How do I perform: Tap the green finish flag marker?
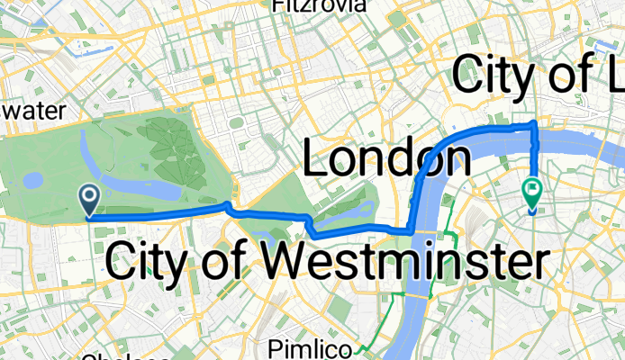tap(532, 193)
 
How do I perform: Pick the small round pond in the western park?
tap(32, 181)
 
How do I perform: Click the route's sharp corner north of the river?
tap(536, 123)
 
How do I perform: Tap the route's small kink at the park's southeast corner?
tap(231, 210)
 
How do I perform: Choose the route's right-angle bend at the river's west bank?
tap(412, 230)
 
